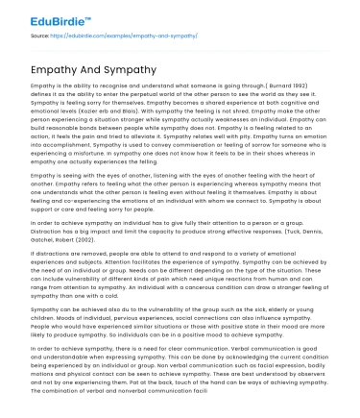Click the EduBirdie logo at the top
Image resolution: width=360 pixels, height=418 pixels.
coord(45,16)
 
